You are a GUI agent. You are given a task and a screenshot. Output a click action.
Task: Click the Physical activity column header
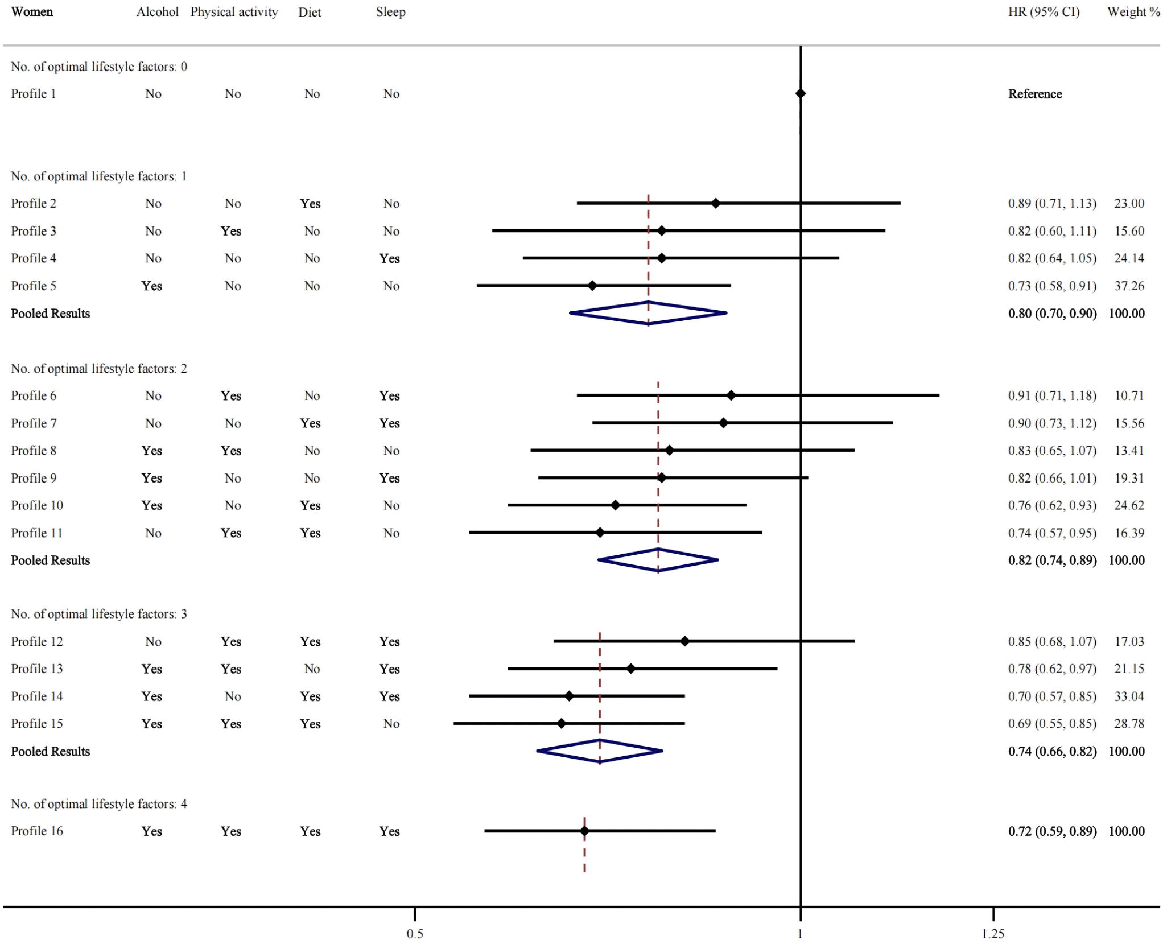coord(234,12)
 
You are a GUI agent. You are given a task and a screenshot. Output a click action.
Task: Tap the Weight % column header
coord(1133,12)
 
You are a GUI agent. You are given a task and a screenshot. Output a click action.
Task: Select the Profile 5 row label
coord(34,286)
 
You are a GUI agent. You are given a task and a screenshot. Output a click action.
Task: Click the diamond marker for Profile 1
coord(800,93)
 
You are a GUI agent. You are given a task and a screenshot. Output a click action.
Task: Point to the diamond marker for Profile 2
coord(716,203)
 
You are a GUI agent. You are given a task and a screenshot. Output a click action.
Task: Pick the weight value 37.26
coord(1129,286)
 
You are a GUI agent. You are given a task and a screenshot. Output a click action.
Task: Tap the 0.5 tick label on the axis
coord(415,934)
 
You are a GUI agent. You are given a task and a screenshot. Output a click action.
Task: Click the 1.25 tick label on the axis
coord(993,934)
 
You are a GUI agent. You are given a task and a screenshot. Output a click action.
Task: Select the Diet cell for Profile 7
coord(310,423)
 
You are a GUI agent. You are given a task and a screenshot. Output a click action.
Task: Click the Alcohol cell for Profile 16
coord(151,831)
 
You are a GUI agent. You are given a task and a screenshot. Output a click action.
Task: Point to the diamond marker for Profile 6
coord(731,395)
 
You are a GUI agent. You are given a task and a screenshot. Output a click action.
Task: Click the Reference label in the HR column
coord(1035,94)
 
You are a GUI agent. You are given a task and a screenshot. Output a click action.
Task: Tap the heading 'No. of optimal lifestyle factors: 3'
coord(99,614)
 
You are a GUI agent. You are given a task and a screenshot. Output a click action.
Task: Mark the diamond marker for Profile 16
coord(584,831)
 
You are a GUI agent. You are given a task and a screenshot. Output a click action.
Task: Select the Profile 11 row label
coord(36,533)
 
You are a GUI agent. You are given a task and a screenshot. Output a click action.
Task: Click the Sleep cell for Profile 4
coord(390,258)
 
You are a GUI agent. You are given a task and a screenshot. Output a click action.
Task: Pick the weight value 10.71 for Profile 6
coord(1129,395)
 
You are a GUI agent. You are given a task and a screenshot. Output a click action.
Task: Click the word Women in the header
coord(32,12)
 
